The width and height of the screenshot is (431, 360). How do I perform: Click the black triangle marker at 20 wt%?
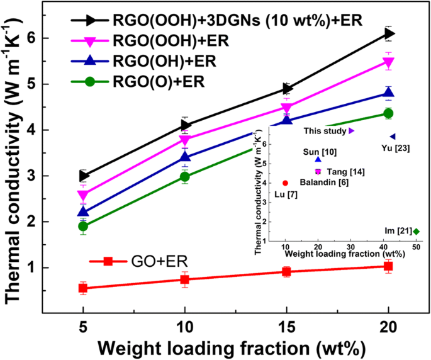click(389, 33)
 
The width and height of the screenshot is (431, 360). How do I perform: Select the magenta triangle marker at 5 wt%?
click(83, 195)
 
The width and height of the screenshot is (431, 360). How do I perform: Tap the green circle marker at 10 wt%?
click(185, 177)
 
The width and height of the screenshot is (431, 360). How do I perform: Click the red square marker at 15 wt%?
click(287, 272)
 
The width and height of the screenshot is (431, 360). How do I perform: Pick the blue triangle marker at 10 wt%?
click(185, 157)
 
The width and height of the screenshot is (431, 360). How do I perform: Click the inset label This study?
click(325, 131)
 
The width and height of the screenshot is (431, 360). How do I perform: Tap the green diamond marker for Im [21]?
click(416, 232)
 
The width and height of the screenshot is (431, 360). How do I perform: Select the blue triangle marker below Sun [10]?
click(318, 160)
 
